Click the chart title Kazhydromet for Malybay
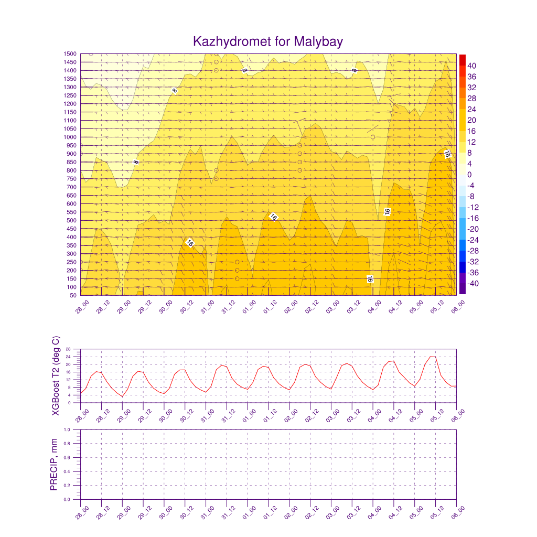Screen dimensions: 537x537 click(268, 41)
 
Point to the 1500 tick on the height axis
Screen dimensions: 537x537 click(69, 54)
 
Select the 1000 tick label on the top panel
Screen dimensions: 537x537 click(69, 137)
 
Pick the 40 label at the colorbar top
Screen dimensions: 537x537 click(472, 66)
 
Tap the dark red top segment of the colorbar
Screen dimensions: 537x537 click(462, 59)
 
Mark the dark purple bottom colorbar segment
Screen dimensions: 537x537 click(462, 289)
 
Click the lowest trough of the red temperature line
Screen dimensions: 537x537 click(122, 396)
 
